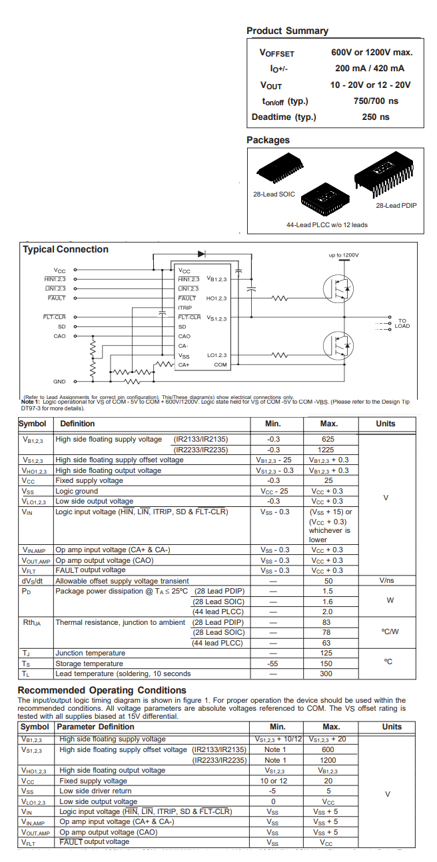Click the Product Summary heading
[287, 31]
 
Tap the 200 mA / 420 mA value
[370, 68]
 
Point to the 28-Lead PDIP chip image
[388, 175]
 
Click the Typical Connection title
[65, 249]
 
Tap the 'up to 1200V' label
[343, 255]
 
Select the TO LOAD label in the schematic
[402, 323]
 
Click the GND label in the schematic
[59, 382]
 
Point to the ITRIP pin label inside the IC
[185, 308]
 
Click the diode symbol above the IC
[201, 254]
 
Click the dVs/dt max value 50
[328, 581]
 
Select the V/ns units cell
[386, 581]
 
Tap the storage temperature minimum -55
[273, 663]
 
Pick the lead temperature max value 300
[327, 673]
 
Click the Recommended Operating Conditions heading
[102, 690]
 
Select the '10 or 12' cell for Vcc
[274, 781]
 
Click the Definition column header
[77, 424]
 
